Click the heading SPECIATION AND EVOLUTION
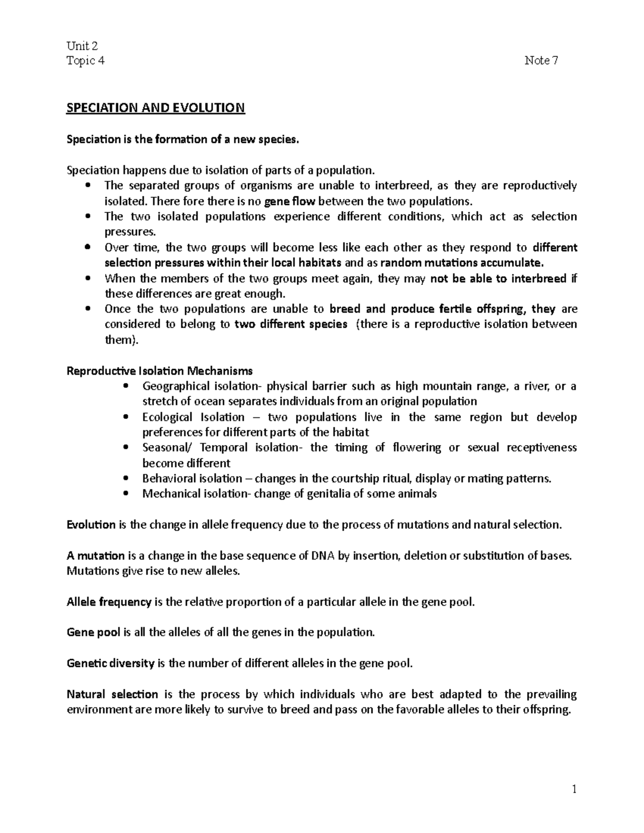click(155, 108)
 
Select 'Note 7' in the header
click(541, 61)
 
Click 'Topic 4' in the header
click(85, 61)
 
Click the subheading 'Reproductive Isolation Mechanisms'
click(159, 371)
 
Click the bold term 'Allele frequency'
click(109, 602)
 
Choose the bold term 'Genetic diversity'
click(111, 664)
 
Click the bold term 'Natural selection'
click(112, 695)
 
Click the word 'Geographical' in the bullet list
click(175, 386)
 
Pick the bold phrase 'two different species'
click(291, 325)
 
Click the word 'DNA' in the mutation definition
click(322, 555)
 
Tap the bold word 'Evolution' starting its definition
click(91, 525)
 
